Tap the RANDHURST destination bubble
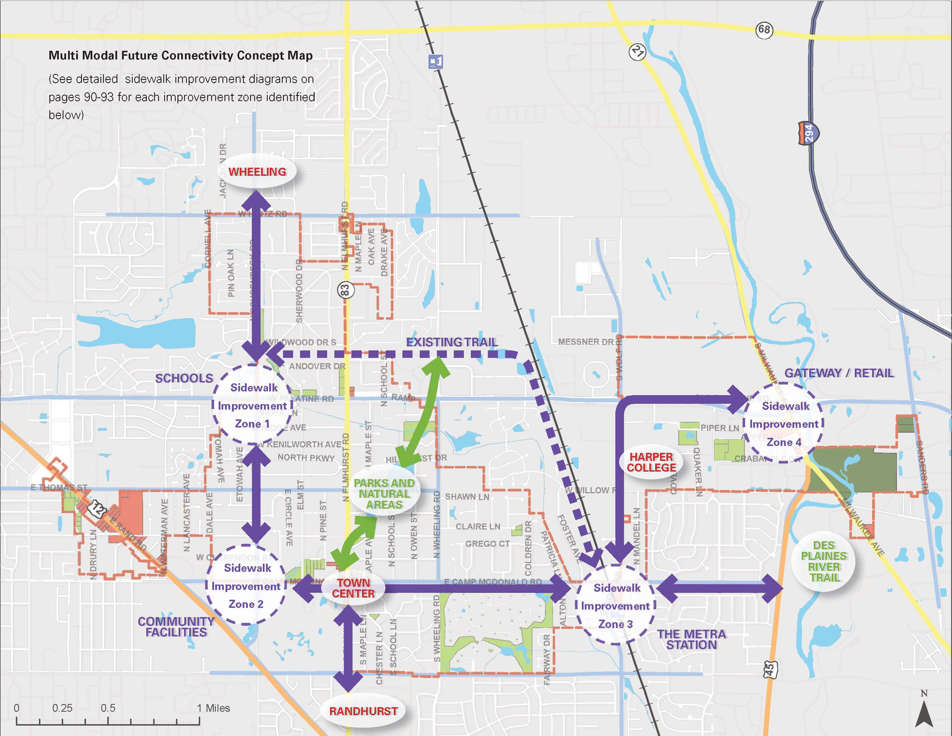(x=363, y=711)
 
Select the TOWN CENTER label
(x=353, y=588)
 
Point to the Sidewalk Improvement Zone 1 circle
(x=253, y=406)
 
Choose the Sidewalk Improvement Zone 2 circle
(x=246, y=586)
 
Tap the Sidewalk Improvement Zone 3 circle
(x=616, y=606)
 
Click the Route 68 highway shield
(x=764, y=30)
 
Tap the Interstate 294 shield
(x=809, y=133)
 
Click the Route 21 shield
(x=637, y=52)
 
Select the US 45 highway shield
(x=770, y=669)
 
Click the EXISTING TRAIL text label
(x=451, y=342)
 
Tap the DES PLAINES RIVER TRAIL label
(x=823, y=562)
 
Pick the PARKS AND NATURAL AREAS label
(x=384, y=494)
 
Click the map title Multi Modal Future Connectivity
(x=181, y=55)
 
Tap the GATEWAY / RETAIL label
(x=839, y=373)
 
